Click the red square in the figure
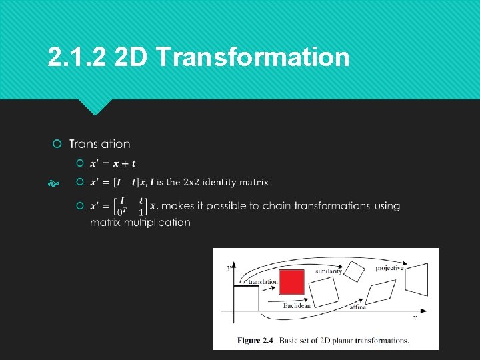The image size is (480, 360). pyautogui.click(x=291, y=282)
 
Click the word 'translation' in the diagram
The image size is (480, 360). pyautogui.click(x=263, y=282)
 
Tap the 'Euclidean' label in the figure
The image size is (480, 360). pyautogui.click(x=297, y=305)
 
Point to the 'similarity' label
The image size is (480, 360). pyautogui.click(x=329, y=271)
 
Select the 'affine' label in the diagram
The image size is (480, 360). pyautogui.click(x=358, y=307)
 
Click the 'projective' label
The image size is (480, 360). pyautogui.click(x=389, y=268)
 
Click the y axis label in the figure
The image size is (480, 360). pyautogui.click(x=228, y=267)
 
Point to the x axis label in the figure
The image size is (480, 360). pyautogui.click(x=415, y=318)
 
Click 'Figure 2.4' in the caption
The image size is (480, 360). pyautogui.click(x=255, y=341)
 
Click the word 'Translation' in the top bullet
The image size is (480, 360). pyautogui.click(x=100, y=144)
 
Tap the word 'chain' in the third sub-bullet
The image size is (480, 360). pyautogui.click(x=276, y=206)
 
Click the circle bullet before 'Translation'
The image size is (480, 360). pyautogui.click(x=57, y=144)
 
